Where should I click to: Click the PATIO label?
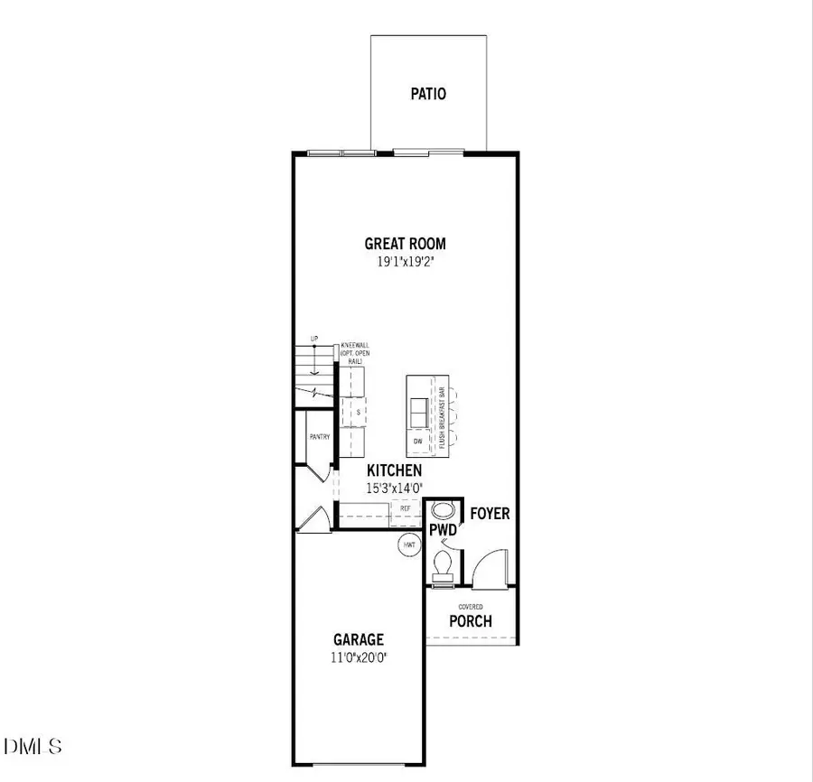point(428,94)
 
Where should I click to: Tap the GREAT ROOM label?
point(405,243)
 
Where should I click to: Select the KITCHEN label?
point(394,471)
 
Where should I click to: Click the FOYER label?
point(490,514)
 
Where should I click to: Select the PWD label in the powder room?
point(443,530)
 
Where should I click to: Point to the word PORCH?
point(471,621)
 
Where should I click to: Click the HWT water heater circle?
point(409,544)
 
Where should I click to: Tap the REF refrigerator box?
point(406,509)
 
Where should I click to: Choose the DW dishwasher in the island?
point(417,441)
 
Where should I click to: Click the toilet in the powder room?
point(443,565)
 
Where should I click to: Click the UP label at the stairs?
point(314,340)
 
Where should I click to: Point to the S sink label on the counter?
point(358,412)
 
